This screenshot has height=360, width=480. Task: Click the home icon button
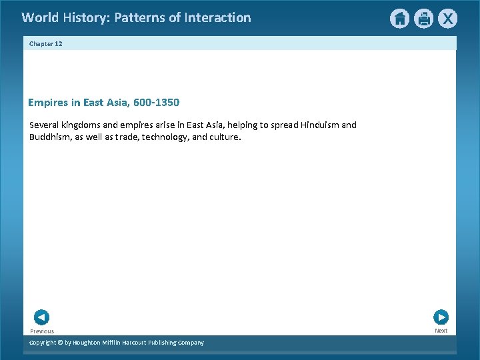(399, 19)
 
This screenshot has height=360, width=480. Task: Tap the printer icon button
(423, 19)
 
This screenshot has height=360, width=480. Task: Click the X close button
(447, 19)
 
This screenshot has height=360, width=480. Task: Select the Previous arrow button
(41, 317)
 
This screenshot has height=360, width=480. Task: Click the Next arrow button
(441, 317)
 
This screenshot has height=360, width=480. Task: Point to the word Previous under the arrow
(42, 331)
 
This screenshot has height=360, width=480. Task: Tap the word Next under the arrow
(441, 331)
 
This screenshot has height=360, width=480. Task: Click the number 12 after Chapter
(59, 43)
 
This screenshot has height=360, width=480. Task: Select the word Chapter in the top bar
(41, 43)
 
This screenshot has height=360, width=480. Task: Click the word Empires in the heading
(47, 103)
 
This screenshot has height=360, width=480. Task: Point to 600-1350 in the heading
(155, 103)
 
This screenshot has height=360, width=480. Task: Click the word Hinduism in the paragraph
(319, 125)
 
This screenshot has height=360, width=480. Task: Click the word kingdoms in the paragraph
(80, 125)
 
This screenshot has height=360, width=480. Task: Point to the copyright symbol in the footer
(59, 343)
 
